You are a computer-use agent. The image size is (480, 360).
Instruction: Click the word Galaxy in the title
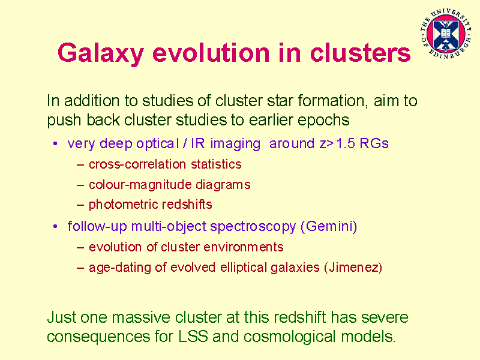[101, 53]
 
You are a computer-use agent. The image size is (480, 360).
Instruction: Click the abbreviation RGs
[374, 143]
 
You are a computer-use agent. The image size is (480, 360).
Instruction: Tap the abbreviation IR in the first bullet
[198, 143]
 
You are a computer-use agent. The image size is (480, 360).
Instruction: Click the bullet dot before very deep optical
[55, 143]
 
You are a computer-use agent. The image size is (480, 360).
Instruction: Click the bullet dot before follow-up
[55, 226]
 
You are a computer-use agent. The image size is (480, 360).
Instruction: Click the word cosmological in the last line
[290, 337]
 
